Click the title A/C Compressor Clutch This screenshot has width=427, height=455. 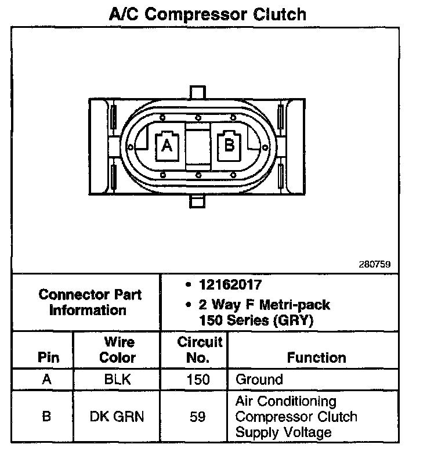click(x=208, y=13)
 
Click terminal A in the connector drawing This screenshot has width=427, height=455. click(x=167, y=145)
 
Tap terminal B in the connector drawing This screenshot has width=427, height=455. click(x=229, y=144)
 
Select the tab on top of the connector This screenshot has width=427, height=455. click(x=198, y=93)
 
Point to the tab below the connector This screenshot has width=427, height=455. click(x=198, y=202)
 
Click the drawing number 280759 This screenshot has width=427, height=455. click(x=375, y=264)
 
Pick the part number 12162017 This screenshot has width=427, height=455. click(x=230, y=285)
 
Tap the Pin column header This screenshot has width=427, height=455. click(x=48, y=358)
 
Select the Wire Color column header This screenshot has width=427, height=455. click(x=118, y=350)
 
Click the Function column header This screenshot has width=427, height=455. click(x=316, y=358)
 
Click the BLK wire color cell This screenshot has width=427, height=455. click(x=118, y=380)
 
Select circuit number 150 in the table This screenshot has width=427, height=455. click(x=198, y=380)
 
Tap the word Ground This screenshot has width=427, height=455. click(x=259, y=380)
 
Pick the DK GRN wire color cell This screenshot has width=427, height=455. click(x=118, y=417)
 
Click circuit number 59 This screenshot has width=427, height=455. click(x=198, y=417)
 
